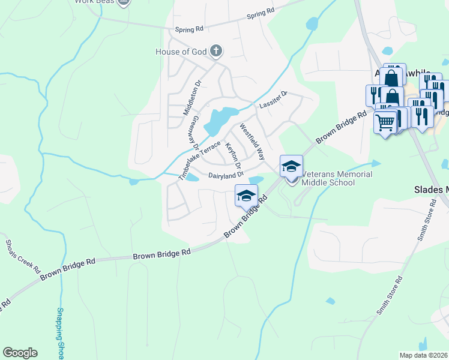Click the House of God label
click(181, 52)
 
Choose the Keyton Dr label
click(233, 155)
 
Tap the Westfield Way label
click(252, 142)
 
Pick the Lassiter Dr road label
click(273, 100)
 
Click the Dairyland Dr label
click(226, 175)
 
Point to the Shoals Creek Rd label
click(23, 256)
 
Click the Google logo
click(20, 353)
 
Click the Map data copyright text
click(423, 355)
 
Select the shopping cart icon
click(385, 122)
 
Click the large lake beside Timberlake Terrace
click(217, 120)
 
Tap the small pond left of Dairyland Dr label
click(192, 178)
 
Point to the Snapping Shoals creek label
click(60, 333)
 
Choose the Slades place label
click(431, 190)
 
